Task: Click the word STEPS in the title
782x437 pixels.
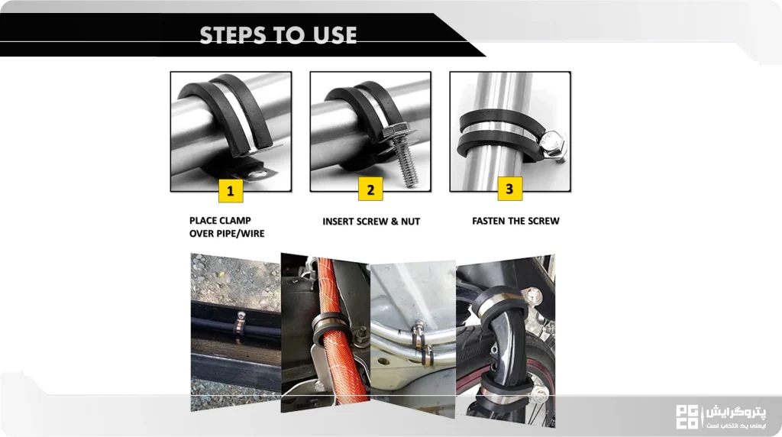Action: click(x=232, y=35)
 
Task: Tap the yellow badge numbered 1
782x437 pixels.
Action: click(x=231, y=190)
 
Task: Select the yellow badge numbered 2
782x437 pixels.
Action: click(x=370, y=189)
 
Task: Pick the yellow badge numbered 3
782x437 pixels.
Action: click(x=509, y=189)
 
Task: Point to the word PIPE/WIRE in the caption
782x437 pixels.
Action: click(x=242, y=234)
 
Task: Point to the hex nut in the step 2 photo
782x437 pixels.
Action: click(x=395, y=131)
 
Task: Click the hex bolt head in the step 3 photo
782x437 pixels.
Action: click(x=553, y=143)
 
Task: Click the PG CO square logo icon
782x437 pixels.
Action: click(x=687, y=417)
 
